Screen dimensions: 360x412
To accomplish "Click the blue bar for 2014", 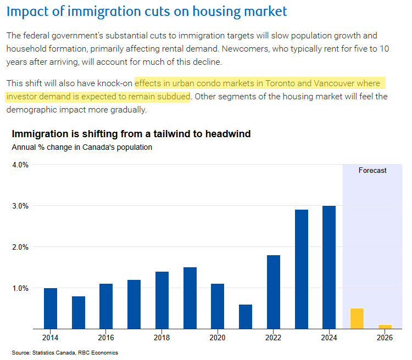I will tap(51, 308).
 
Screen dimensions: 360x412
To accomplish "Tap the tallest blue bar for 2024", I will tap(329, 267).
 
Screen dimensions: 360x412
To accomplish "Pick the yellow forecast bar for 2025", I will tap(357, 318).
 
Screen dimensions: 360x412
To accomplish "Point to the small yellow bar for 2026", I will tap(385, 327).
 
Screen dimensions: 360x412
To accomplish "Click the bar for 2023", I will tap(301, 269).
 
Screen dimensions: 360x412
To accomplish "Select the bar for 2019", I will tap(190, 298).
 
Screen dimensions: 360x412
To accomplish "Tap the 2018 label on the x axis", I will tap(162, 338).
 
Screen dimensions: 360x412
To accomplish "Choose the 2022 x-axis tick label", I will tap(273, 338).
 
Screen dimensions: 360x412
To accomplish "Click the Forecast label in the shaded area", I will tap(372, 171).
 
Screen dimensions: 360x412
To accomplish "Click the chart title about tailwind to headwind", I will tap(131, 134).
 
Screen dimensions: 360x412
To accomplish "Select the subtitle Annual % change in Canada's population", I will tap(82, 147).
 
